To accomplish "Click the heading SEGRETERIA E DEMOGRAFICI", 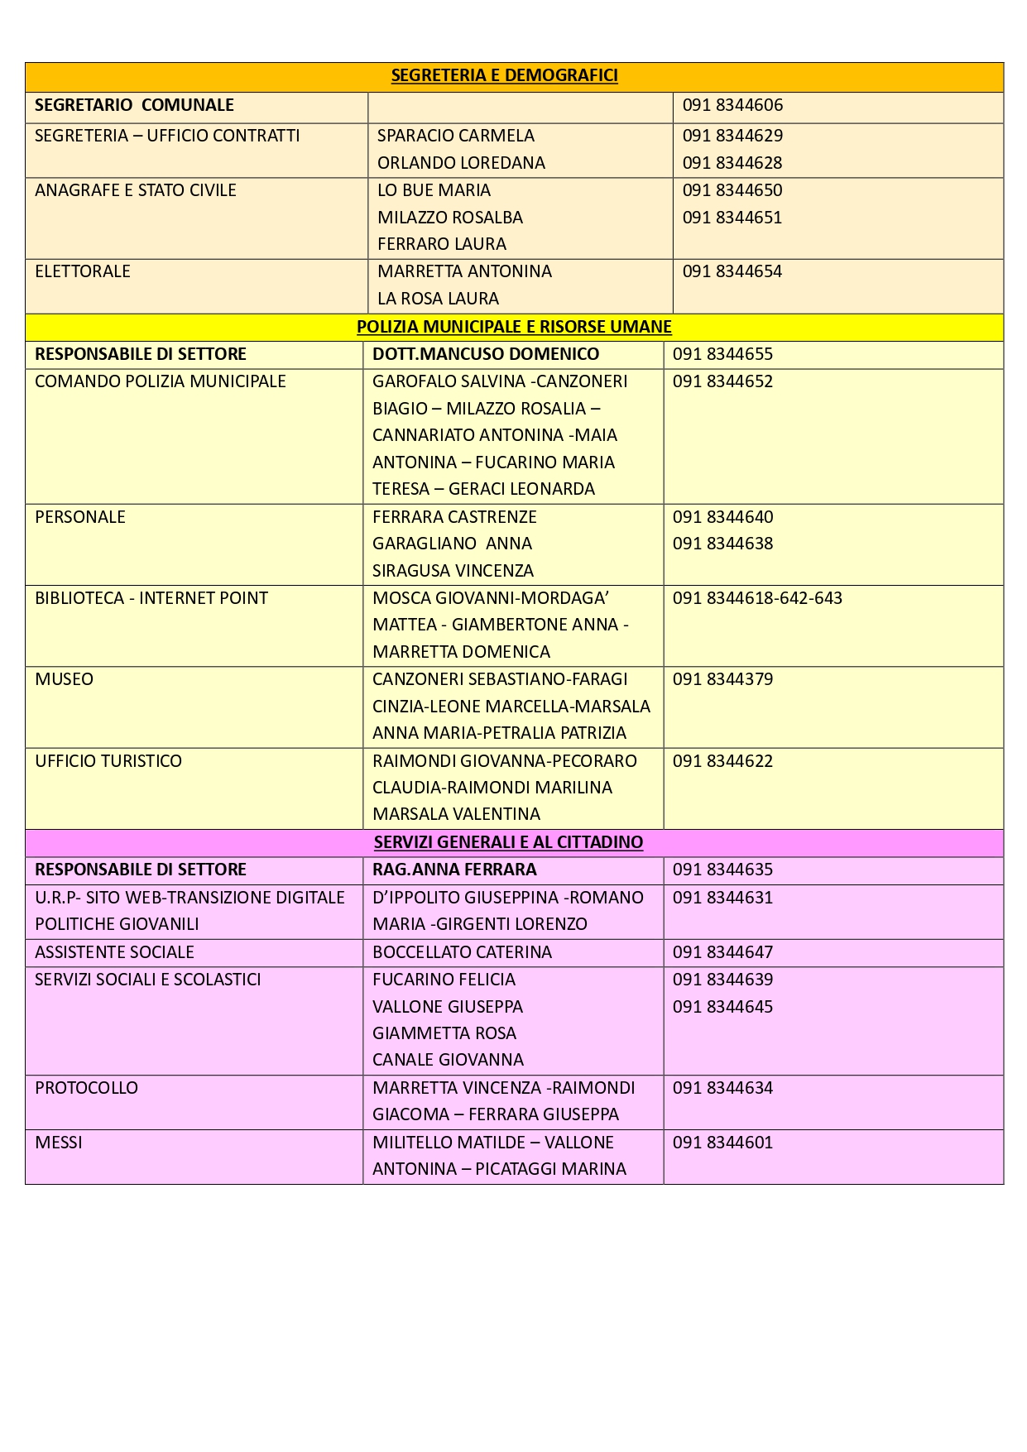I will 504,75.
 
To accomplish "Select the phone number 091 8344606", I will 732,105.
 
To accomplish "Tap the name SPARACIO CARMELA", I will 455,136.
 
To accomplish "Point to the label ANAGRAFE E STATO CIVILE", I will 136,190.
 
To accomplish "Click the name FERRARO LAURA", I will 441,244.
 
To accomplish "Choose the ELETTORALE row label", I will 83,271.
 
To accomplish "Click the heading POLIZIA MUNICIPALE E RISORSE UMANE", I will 514,327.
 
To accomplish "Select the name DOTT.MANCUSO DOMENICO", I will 486,354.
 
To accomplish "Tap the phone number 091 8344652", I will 722,381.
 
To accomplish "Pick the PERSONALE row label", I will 80,517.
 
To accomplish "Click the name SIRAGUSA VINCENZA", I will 453,571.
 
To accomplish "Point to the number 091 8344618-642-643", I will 757,598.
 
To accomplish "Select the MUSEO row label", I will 65,679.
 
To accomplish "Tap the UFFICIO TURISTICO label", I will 108,761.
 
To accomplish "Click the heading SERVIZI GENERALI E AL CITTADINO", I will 508,842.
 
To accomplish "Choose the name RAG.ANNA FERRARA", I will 454,870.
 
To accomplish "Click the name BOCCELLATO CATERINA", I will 462,952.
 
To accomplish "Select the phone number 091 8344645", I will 722,1007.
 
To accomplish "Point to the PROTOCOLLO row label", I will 86,1088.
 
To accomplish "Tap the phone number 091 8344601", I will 722,1143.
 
